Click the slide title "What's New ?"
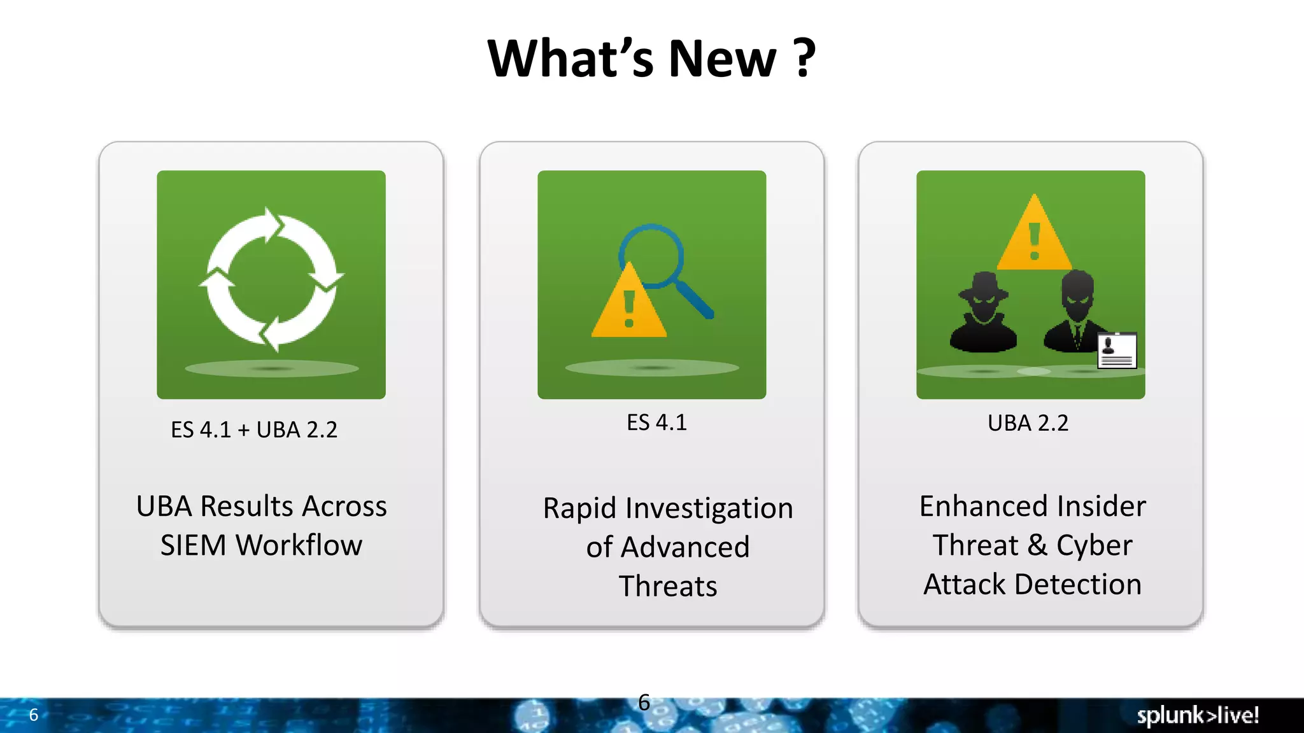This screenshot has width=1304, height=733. tap(651, 59)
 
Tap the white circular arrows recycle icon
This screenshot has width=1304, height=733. tap(271, 280)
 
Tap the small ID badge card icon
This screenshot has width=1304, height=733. tap(1117, 350)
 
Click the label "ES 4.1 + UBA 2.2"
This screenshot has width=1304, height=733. tap(254, 430)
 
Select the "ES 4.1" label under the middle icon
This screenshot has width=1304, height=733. tap(656, 422)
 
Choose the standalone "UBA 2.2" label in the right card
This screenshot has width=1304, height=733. tap(1028, 423)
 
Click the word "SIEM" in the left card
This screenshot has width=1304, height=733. tap(193, 545)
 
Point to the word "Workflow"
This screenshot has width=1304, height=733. tap(299, 545)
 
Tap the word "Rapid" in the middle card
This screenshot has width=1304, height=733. tap(579, 508)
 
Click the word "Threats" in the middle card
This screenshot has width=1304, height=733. tap(668, 586)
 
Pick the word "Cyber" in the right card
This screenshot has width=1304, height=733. tap(1094, 545)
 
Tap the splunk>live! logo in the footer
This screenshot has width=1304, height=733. tap(1198, 715)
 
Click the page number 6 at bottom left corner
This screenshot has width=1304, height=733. tap(34, 715)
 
